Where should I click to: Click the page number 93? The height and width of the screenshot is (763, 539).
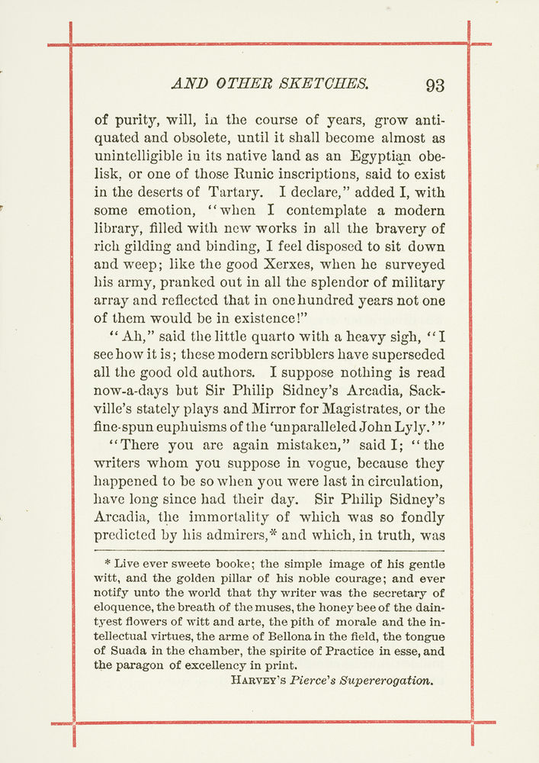[435, 85]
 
